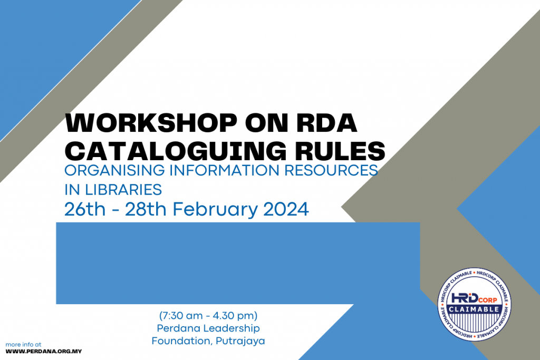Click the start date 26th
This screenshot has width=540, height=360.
click(x=83, y=209)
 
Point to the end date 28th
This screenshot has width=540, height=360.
click(x=146, y=209)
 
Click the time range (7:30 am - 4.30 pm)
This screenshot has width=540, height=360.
click(x=208, y=316)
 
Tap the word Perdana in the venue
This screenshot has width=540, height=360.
click(x=178, y=328)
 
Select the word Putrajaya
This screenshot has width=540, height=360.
click(x=240, y=341)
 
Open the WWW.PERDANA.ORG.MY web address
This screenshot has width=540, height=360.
click(x=44, y=351)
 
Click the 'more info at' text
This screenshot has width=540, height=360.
click(x=23, y=344)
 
